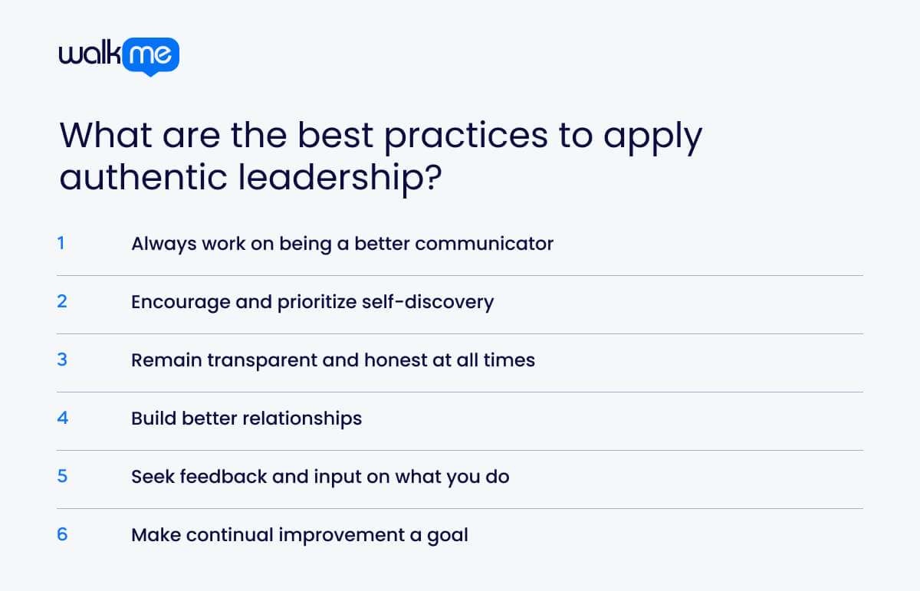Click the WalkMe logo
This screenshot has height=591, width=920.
pos(119,56)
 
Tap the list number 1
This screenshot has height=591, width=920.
pos(61,244)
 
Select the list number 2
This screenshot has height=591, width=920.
pos(62,301)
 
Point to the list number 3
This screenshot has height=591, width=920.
pos(62,360)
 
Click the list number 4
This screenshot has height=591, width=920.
pos(62,418)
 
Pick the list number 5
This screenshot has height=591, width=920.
pos(62,476)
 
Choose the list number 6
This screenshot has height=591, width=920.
pos(62,534)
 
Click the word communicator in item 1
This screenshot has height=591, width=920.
pos(484,244)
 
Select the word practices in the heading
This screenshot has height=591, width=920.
pos(466,136)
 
